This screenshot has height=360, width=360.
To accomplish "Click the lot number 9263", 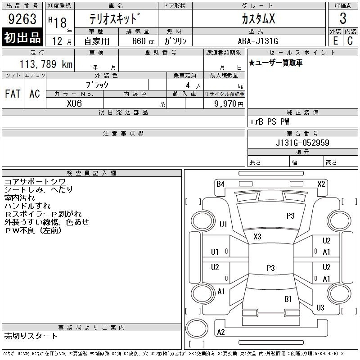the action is coord(22,19).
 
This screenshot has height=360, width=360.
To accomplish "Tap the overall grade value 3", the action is coord(343,18).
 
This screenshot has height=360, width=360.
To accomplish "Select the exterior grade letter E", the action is coord(335,40).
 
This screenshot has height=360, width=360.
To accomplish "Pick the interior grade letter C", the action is coord(350,40).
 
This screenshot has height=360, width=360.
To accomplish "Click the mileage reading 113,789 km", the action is coord(46,64).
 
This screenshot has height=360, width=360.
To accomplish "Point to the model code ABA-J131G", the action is coord(258,41).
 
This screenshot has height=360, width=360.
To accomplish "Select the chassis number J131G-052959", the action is coord(302,143).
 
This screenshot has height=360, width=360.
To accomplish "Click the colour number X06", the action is coord(74,103).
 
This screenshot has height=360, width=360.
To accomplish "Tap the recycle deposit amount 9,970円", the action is coord(229,104).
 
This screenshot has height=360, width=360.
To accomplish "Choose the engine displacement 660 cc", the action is coord(143,41).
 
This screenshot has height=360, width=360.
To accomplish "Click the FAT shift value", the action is coord(13,94).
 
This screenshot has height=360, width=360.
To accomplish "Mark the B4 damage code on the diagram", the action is coord(220,184).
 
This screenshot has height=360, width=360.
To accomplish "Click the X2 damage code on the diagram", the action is coord(321,184).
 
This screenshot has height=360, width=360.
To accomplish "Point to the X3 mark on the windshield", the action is coord(257,237).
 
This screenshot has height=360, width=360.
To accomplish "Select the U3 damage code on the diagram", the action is coord(320,307).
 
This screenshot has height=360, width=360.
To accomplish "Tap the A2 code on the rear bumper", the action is coord(221,332).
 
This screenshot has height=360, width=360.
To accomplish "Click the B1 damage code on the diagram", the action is coord(288,299).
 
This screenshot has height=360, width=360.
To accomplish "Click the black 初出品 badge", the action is coord(22,37).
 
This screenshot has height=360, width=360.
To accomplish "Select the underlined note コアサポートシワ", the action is coord(35,182).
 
